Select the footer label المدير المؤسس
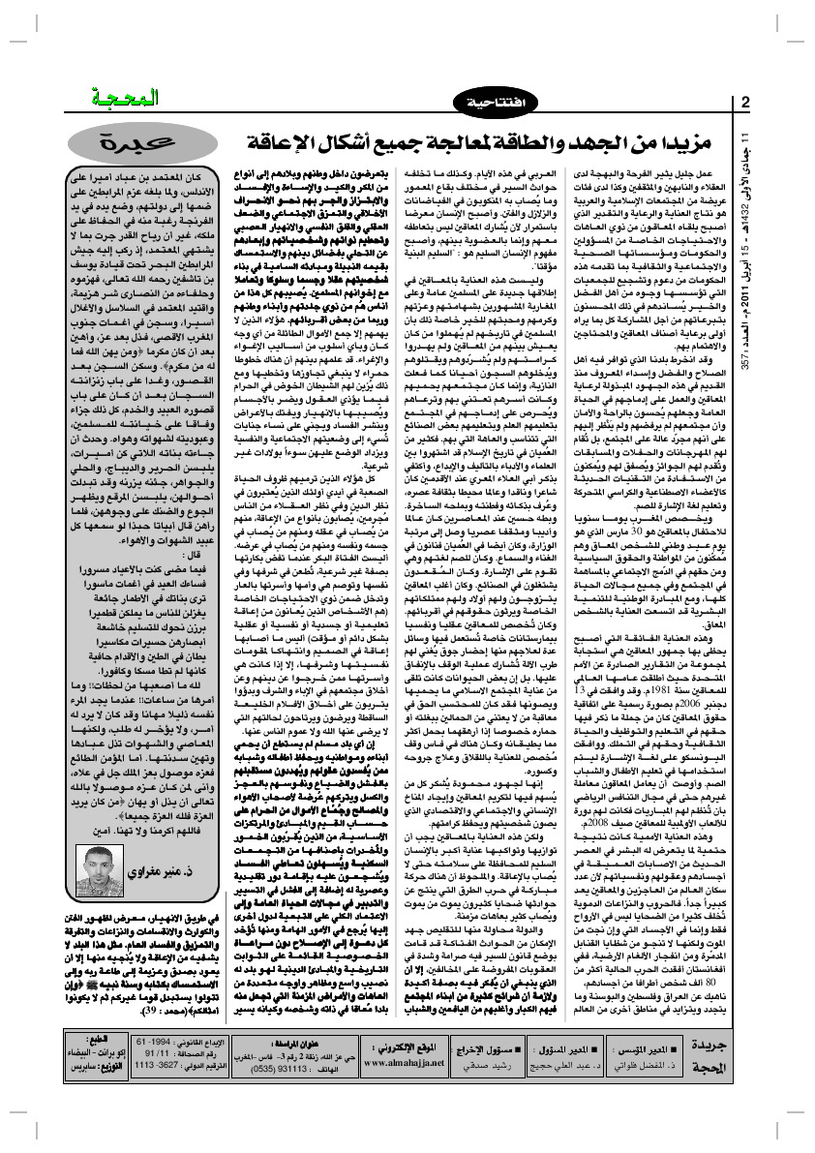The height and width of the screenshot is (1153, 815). click(x=674, y=1047)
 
